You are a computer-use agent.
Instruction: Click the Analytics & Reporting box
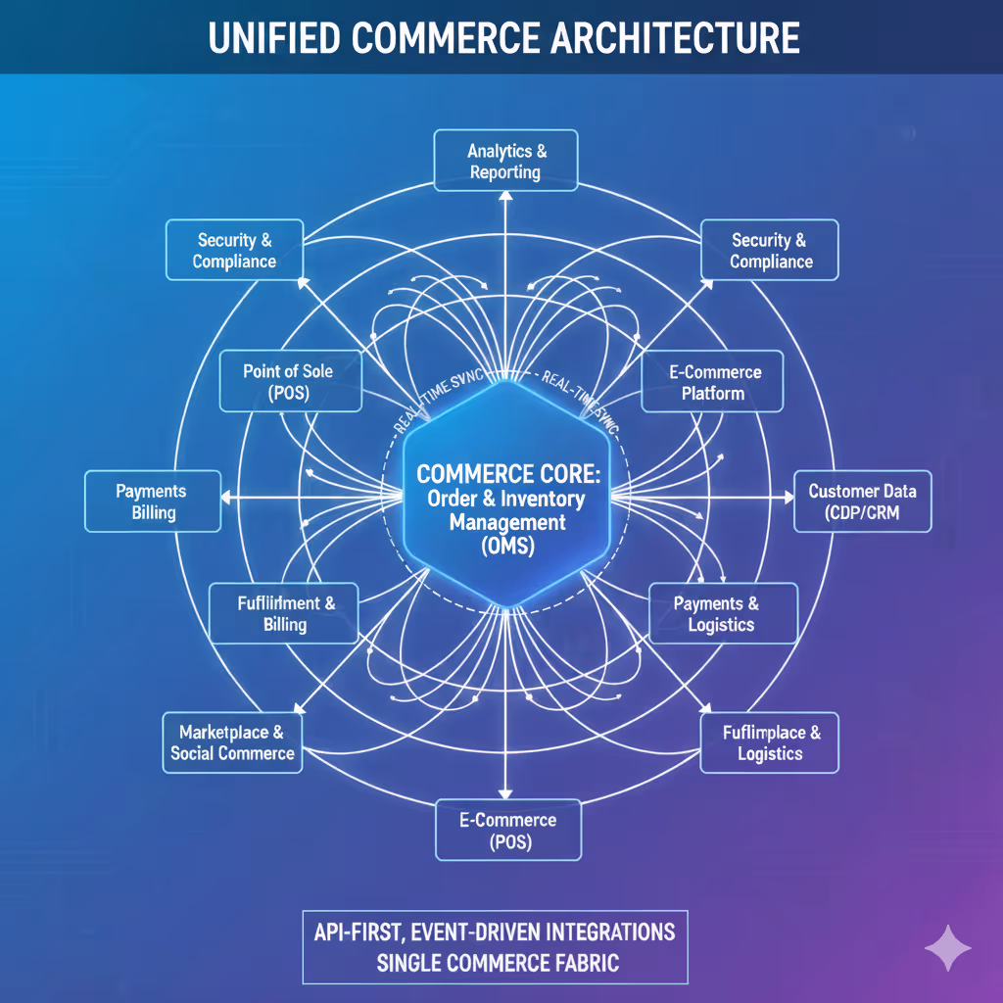coord(505,160)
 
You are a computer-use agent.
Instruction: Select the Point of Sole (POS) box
coord(290,382)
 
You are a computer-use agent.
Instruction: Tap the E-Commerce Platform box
coord(713,382)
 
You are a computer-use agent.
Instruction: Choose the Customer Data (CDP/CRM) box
coord(862,501)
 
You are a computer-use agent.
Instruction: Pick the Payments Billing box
coord(152,501)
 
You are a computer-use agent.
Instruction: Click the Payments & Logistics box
coord(723,614)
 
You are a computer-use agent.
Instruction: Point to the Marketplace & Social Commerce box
coord(232,742)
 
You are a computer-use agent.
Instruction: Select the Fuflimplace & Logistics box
coord(770,742)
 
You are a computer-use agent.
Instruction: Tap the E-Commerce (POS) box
coord(508,830)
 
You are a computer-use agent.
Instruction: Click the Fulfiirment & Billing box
coord(285,614)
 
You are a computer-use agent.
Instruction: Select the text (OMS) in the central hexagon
coord(507,547)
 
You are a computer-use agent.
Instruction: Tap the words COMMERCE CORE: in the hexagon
coord(506,473)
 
